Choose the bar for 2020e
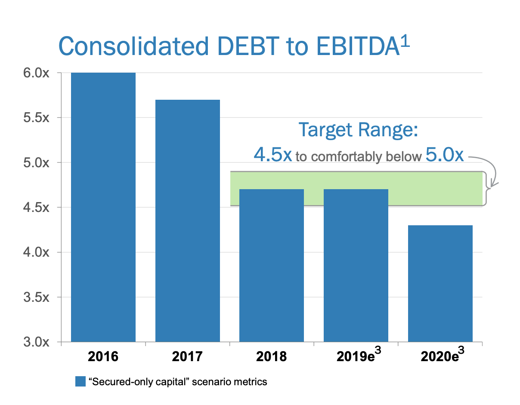pos(440,284)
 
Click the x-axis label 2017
pos(187,356)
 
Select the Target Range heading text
pos(359,130)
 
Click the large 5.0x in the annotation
pos(445,154)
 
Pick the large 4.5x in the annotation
pos(273,154)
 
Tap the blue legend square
pos(80,381)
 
